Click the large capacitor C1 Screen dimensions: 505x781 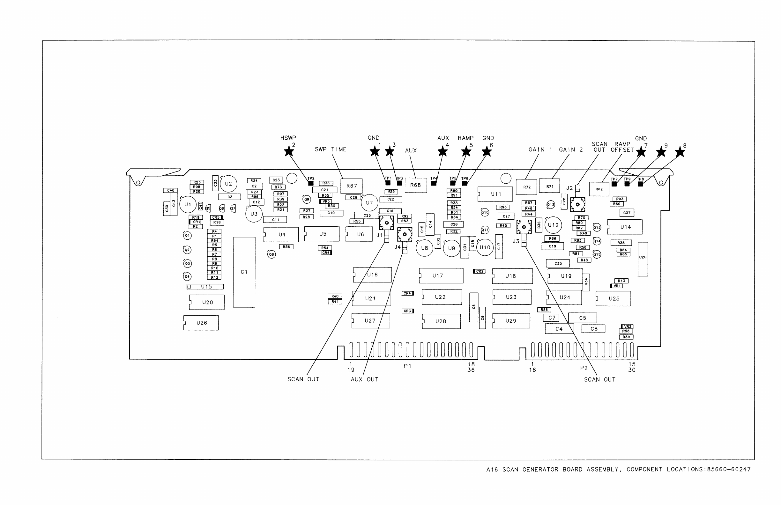point(244,272)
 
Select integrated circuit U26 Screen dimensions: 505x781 point(201,323)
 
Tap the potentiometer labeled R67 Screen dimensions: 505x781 point(352,186)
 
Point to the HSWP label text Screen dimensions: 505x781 point(288,138)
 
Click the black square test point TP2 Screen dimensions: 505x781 point(311,183)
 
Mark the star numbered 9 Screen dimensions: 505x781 point(661,152)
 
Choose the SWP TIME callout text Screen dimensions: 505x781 point(331,150)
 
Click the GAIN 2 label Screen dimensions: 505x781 point(571,150)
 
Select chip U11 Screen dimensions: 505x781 point(495,194)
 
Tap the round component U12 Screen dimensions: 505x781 point(553,225)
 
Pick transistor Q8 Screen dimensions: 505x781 point(271,254)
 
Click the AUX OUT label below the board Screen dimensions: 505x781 point(364,379)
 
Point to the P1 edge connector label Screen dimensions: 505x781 point(407,366)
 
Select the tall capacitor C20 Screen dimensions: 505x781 point(643,259)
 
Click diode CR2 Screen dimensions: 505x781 point(479,271)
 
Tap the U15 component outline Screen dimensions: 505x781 point(205,287)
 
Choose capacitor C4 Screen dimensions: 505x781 point(559,329)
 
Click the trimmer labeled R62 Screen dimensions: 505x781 point(599,189)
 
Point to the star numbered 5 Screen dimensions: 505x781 point(466,152)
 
